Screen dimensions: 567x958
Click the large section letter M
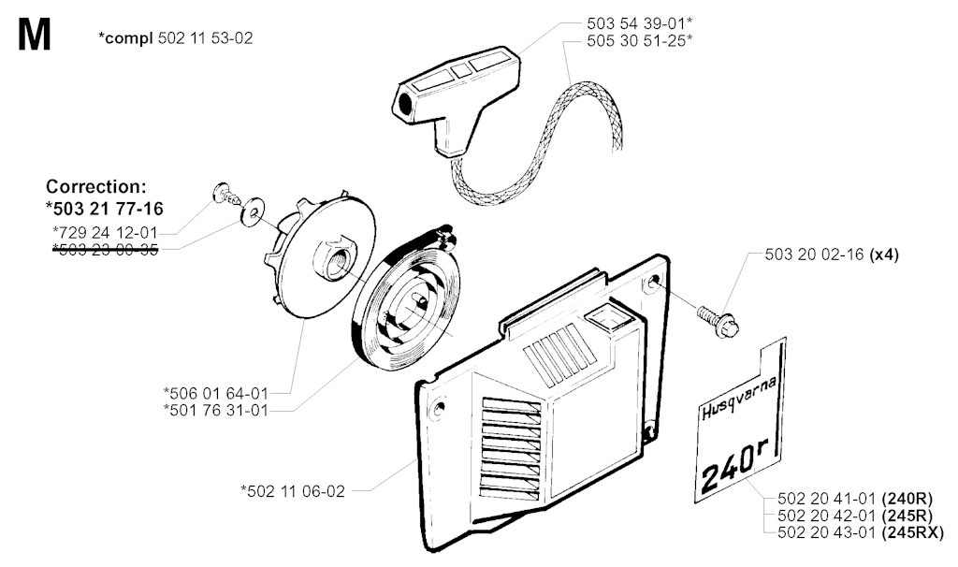[x=33, y=37]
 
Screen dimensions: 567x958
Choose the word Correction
[x=96, y=186]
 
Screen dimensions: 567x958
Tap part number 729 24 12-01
[x=106, y=231]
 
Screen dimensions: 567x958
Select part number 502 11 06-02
[x=292, y=489]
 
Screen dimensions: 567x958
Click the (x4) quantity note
[x=883, y=254]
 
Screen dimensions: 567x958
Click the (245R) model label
[x=906, y=516]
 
